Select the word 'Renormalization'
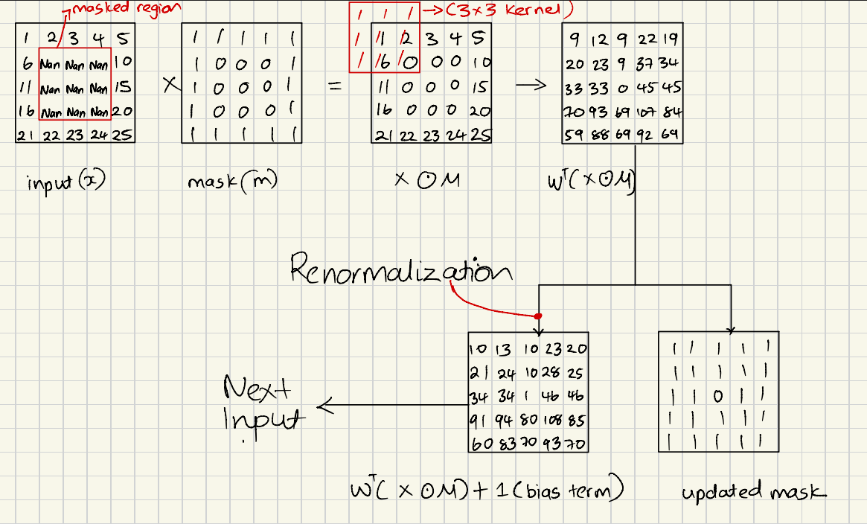(400, 269)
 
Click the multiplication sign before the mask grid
(170, 86)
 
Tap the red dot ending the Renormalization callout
(538, 316)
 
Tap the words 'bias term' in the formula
(583, 491)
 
